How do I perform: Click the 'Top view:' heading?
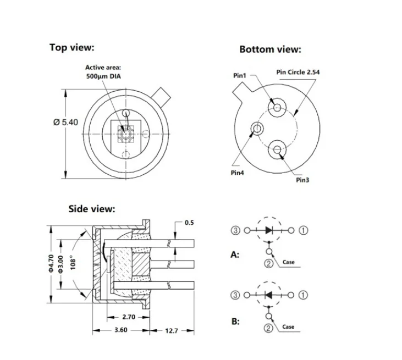click(71, 47)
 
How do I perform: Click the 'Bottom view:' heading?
click(270, 49)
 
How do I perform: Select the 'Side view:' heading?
click(91, 209)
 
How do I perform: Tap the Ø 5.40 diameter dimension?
click(65, 123)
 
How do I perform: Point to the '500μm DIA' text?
click(103, 76)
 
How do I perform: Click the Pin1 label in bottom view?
click(240, 75)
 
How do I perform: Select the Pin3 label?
click(302, 180)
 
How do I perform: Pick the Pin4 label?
click(237, 173)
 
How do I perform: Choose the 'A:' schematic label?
click(235, 256)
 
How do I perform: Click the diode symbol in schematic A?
click(269, 230)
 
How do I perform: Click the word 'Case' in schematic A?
click(289, 262)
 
